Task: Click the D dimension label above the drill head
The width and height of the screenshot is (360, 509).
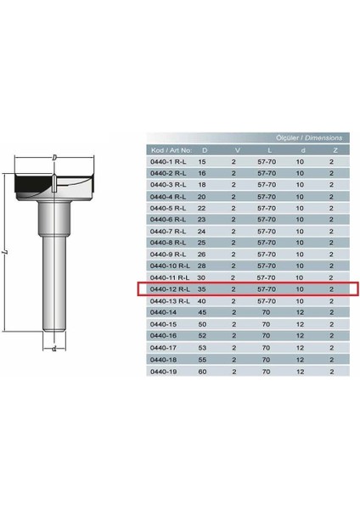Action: click(54, 158)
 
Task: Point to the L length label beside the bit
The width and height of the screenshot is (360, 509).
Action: click(8, 253)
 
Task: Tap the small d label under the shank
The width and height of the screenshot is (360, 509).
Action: click(53, 348)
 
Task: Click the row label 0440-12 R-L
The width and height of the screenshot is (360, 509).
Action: click(169, 289)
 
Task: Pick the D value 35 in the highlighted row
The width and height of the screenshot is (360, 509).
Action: click(202, 289)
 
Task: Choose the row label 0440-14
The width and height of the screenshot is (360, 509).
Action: click(160, 312)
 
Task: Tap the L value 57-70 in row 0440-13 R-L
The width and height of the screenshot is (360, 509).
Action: click(267, 301)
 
